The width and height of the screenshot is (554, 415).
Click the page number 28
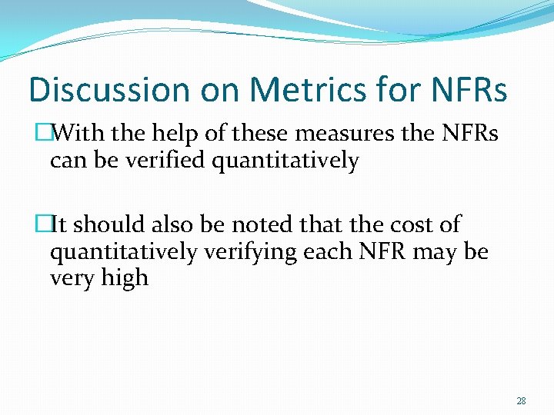pyautogui.click(x=521, y=401)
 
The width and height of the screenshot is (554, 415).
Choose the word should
pyautogui.click(x=108, y=224)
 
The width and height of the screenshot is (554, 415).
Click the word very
pyautogui.click(x=72, y=277)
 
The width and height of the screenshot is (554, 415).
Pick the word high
pyautogui.click(x=125, y=277)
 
